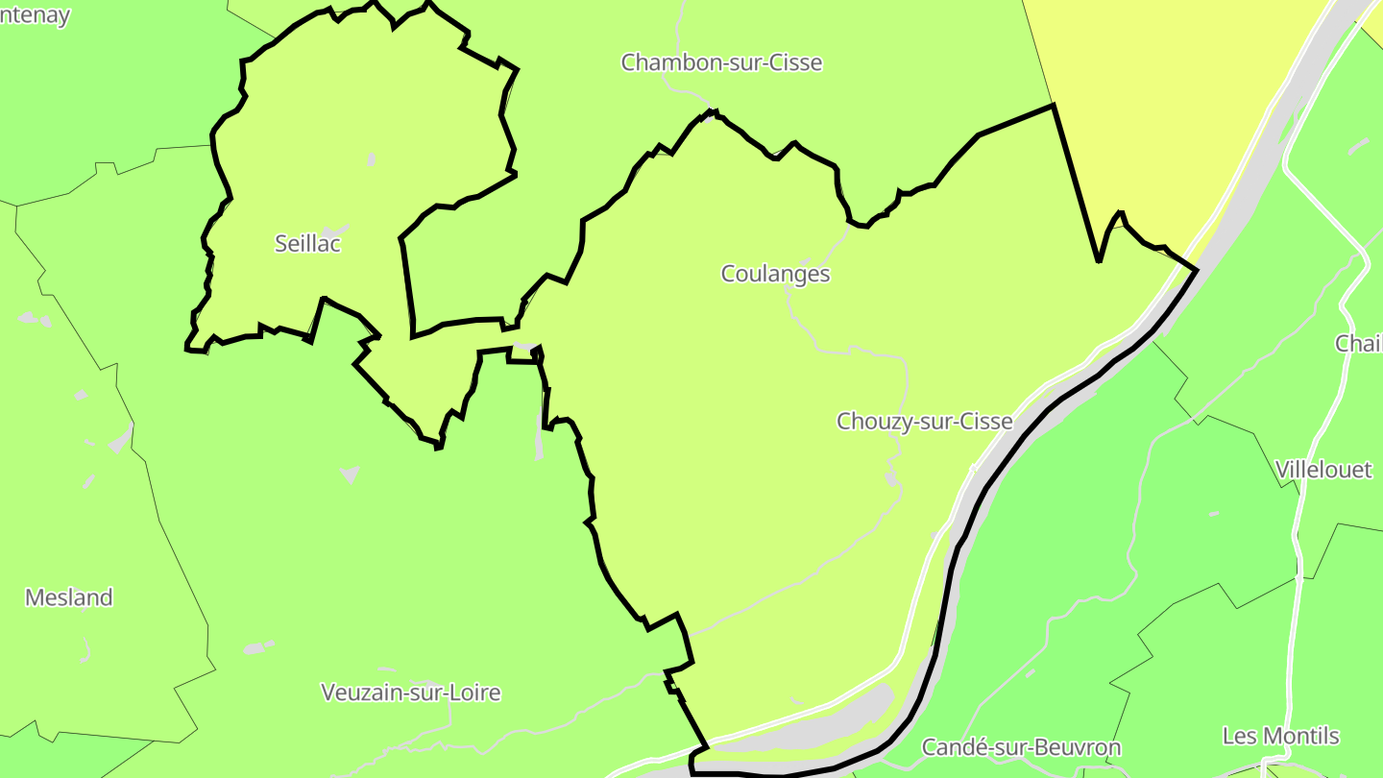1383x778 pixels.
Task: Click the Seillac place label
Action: (x=307, y=244)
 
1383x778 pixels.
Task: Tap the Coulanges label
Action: (x=775, y=275)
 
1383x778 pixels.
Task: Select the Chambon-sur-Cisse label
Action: (x=721, y=63)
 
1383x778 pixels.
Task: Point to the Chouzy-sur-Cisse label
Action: (x=924, y=422)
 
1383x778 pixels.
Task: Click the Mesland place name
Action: (x=68, y=597)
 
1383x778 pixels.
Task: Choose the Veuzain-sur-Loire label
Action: (x=410, y=693)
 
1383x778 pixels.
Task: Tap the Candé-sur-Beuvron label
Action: (x=1021, y=747)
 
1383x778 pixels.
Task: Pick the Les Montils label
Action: (x=1280, y=737)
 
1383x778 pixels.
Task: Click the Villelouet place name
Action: (x=1323, y=470)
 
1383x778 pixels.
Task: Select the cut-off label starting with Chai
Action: (x=1358, y=344)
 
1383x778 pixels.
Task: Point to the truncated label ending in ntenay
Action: (x=35, y=16)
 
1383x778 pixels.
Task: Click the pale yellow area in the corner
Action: (x=1152, y=115)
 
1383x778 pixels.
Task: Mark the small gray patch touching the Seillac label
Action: (x=334, y=231)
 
